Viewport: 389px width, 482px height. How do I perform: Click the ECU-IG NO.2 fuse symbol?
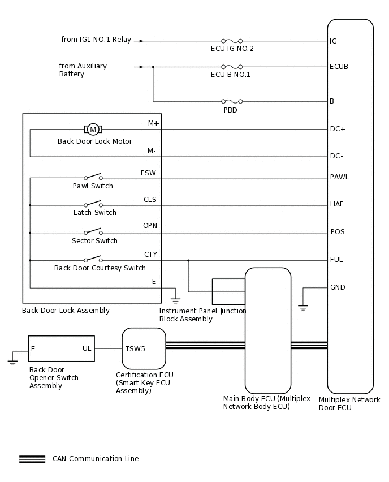click(x=232, y=41)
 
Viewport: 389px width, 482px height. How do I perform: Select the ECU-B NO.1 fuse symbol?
click(x=232, y=67)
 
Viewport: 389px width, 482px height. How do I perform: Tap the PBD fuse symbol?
click(x=232, y=101)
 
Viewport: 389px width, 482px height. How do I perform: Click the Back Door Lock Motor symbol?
click(x=93, y=130)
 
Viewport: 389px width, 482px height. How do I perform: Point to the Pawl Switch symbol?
click(x=93, y=177)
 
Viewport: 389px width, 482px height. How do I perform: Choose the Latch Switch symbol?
click(x=93, y=204)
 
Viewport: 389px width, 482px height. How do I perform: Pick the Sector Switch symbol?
click(x=93, y=231)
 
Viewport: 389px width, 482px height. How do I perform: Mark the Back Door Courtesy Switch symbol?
click(x=93, y=260)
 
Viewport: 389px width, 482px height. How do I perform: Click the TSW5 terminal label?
click(x=135, y=349)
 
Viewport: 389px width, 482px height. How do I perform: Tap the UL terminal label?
click(x=87, y=349)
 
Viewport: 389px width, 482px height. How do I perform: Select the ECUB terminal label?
click(x=339, y=67)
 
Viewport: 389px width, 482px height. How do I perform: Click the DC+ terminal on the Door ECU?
click(x=338, y=129)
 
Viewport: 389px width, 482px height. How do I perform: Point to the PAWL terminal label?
click(x=339, y=177)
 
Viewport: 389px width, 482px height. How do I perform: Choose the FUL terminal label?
click(x=336, y=260)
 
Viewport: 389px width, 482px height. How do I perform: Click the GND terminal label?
click(x=338, y=287)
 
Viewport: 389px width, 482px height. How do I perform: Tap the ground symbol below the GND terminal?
click(x=303, y=308)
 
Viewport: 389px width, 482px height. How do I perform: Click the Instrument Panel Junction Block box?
click(x=228, y=291)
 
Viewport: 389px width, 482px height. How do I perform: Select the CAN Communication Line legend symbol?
click(x=32, y=459)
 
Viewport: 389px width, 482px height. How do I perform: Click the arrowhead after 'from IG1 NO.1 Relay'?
click(x=141, y=41)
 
